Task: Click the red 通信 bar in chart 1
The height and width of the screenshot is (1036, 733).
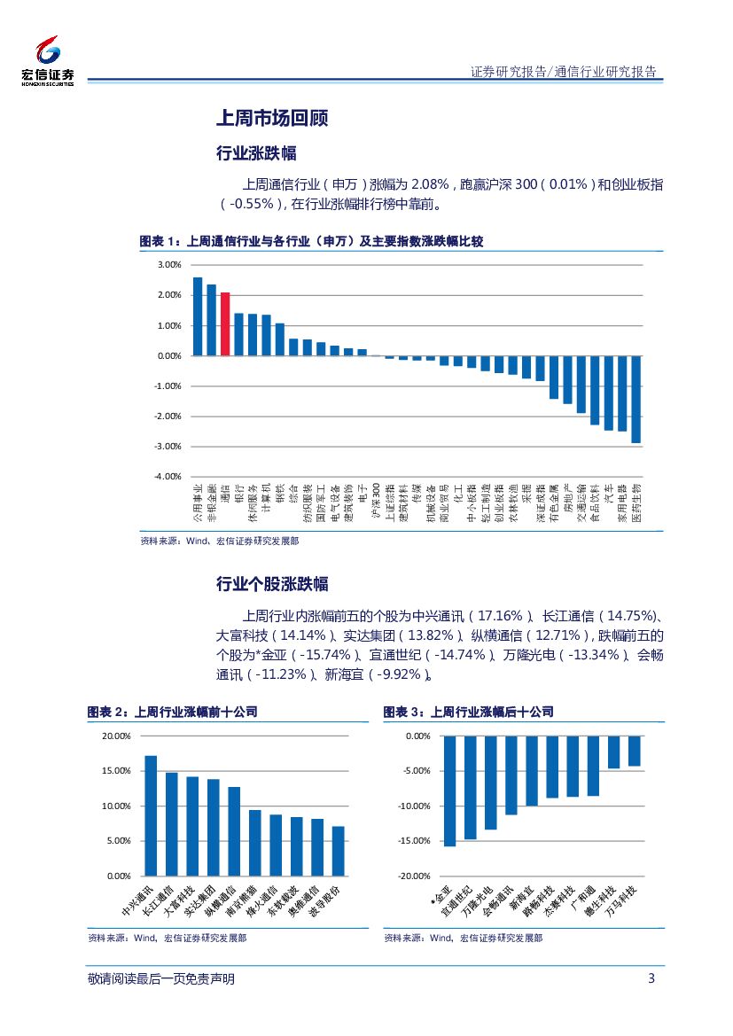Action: (225, 323)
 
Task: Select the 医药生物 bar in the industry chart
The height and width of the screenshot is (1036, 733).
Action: (636, 399)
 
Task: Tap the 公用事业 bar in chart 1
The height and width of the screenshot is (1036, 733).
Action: (198, 316)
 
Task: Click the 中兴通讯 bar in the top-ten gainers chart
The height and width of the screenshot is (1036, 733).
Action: (151, 815)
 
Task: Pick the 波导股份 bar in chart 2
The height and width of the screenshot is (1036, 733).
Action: (338, 851)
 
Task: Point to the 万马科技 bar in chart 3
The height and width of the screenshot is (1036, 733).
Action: (634, 751)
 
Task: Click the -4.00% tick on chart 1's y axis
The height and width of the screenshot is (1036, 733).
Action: (168, 476)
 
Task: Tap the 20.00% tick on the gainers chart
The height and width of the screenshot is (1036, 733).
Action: (115, 736)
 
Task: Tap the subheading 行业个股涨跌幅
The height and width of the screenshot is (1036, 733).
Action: (272, 584)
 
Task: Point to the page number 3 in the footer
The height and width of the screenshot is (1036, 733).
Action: (651, 978)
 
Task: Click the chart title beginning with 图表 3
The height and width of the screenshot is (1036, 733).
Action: (468, 712)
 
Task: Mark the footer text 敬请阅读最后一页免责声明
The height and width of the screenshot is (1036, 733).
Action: (161, 978)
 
